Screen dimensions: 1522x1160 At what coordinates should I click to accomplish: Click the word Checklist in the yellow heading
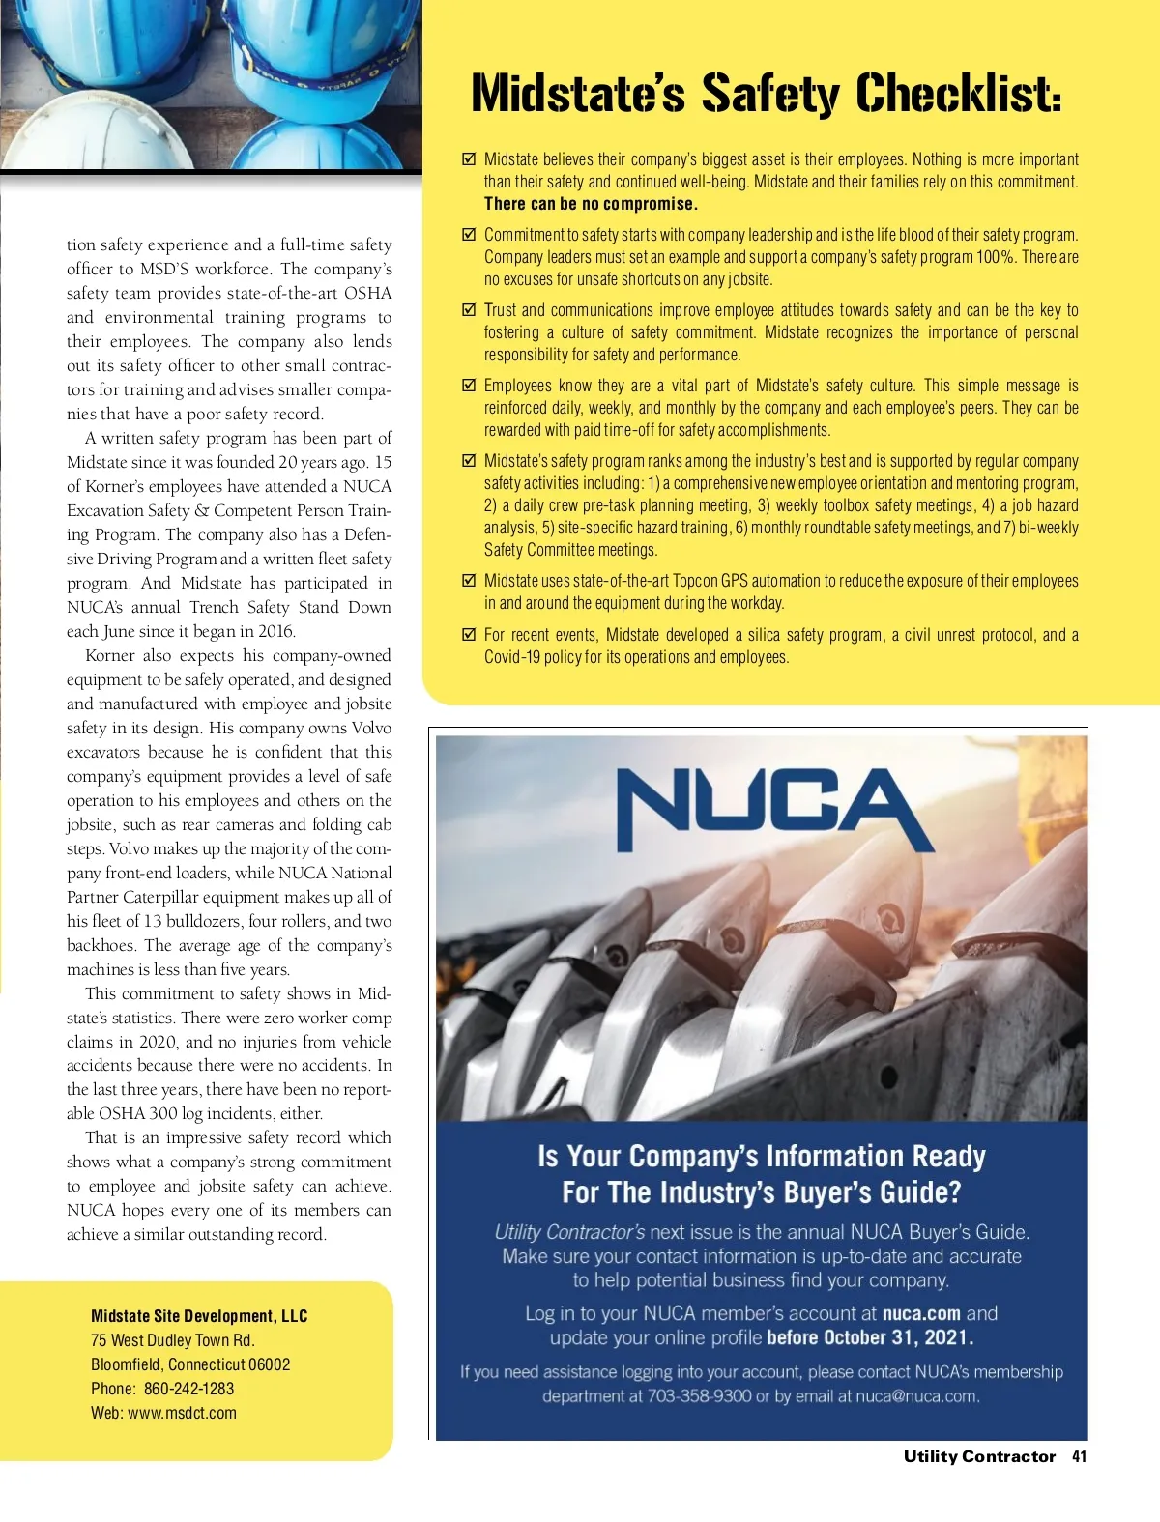coord(958,94)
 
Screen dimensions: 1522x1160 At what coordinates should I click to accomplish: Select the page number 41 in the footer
coord(1079,1456)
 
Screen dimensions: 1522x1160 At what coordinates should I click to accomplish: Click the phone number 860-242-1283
coord(188,1389)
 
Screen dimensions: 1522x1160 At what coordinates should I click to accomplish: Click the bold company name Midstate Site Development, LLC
coord(199,1316)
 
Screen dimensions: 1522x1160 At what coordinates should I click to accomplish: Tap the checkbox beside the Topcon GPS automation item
coord(470,581)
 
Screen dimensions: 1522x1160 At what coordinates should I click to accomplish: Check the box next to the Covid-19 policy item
coord(470,635)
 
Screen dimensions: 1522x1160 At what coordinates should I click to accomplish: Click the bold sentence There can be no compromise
coord(591,204)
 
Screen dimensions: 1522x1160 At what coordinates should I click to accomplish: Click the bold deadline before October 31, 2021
coord(870,1338)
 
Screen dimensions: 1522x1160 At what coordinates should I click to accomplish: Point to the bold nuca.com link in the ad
coord(921,1313)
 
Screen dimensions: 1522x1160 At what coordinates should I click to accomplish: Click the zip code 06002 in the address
coord(269,1364)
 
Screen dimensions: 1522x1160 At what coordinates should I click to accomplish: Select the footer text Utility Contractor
coord(979,1456)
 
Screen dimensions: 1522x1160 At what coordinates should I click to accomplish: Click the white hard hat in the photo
coord(97,135)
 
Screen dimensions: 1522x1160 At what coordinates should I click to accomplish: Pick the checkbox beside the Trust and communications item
coord(470,310)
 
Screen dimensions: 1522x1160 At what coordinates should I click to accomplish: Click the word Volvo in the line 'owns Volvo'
coord(371,728)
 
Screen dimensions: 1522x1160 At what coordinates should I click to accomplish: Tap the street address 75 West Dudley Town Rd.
coord(173,1340)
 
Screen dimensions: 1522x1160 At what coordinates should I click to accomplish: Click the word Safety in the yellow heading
coord(770,94)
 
